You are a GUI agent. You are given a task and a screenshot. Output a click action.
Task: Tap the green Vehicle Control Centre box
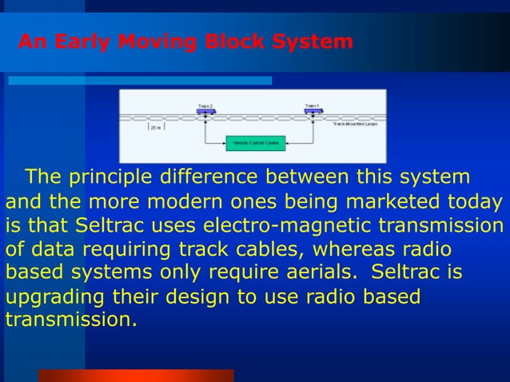pos(255,143)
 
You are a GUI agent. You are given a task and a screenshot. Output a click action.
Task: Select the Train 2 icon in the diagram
pos(205,111)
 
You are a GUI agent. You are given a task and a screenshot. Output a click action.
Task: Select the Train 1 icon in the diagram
pos(313,111)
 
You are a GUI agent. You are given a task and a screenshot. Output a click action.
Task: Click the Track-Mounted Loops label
pos(355,125)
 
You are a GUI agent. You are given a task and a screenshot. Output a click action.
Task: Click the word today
pos(476,201)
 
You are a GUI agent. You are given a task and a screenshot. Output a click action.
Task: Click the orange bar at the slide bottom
pos(135,375)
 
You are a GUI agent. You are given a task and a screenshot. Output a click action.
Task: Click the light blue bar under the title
pos(140,81)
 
